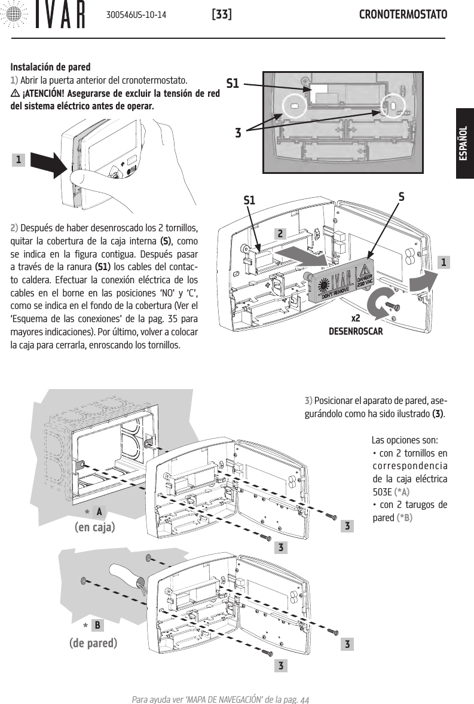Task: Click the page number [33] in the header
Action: click(222, 14)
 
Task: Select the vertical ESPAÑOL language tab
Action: click(463, 143)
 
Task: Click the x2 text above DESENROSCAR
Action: click(356, 319)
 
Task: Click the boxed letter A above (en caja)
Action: click(100, 512)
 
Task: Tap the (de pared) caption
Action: click(93, 643)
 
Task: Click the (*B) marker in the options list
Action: click(404, 517)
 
